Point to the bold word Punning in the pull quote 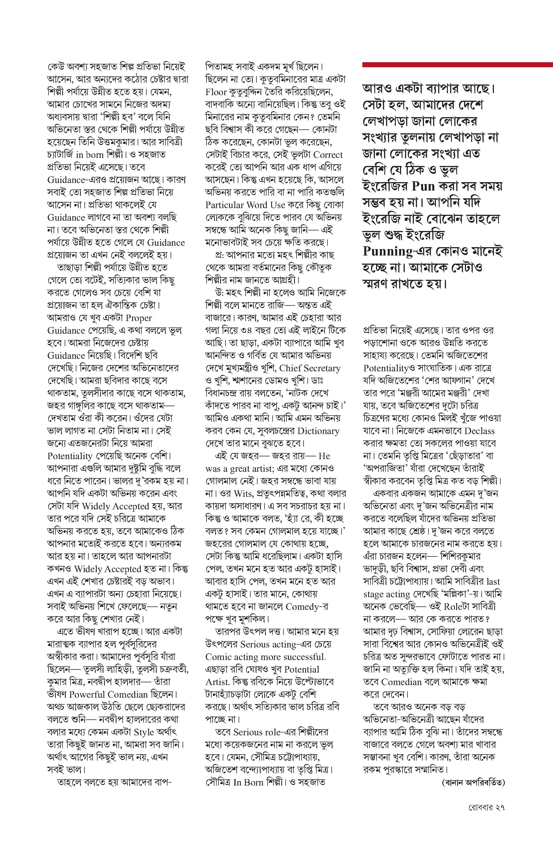click(x=387, y=251)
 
